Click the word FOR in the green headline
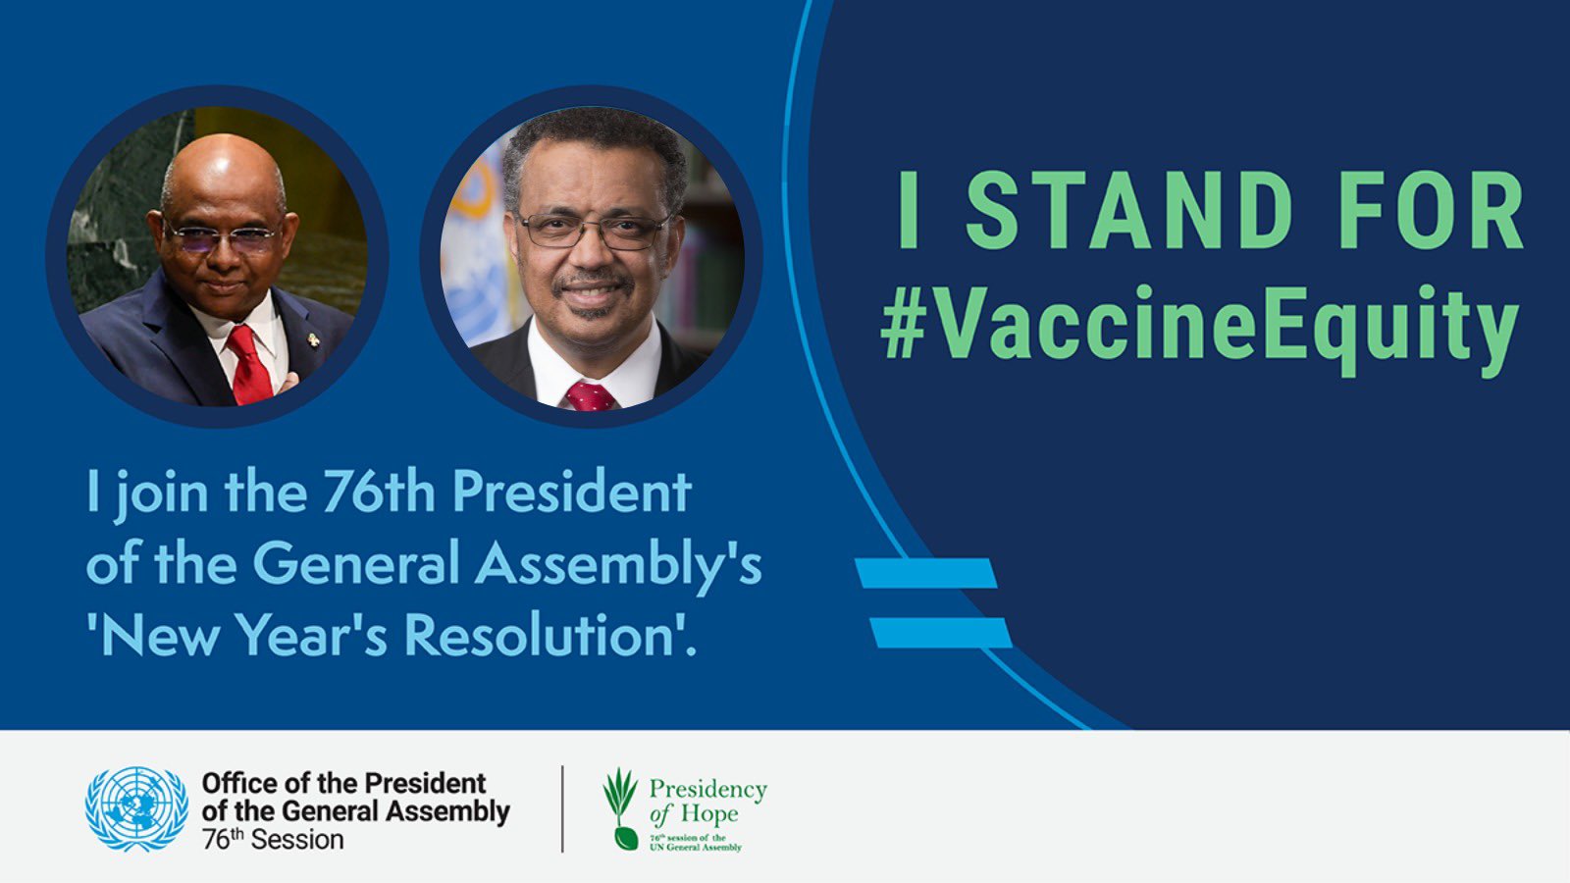(1432, 210)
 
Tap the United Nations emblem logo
(136, 808)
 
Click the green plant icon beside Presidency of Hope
(620, 808)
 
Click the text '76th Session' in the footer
(273, 839)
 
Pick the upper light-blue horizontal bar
(926, 573)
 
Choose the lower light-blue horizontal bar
(941, 632)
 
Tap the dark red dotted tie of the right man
(590, 396)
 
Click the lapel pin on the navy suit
(313, 341)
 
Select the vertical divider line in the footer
(562, 808)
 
